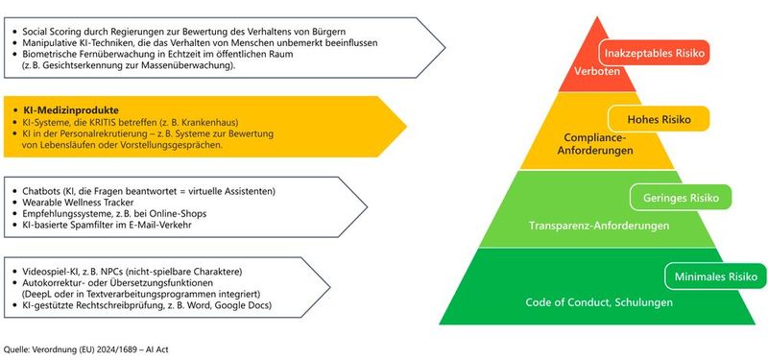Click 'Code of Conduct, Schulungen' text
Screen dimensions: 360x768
(x=599, y=302)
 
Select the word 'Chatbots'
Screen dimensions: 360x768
(x=40, y=190)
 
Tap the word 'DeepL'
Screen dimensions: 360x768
(x=41, y=294)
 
